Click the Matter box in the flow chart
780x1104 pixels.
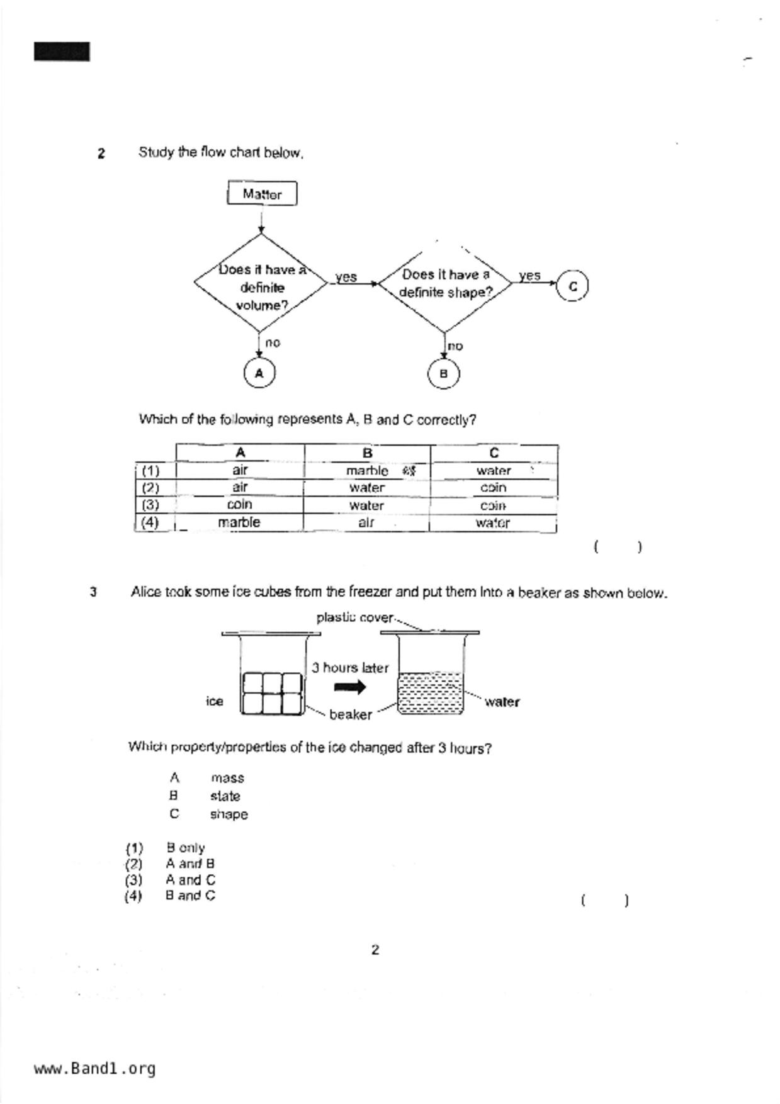(262, 194)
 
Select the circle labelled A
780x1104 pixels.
(259, 373)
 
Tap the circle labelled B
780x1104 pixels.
(443, 374)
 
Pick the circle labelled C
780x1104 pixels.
(572, 286)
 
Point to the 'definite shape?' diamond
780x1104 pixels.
(445, 284)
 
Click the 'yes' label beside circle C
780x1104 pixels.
(529, 275)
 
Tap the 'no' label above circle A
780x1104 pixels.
(272, 343)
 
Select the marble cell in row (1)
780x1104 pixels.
(367, 470)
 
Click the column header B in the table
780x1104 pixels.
(368, 453)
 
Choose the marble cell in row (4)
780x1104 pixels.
(239, 522)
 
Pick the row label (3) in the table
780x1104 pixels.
(150, 505)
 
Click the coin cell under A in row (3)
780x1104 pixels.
(239, 505)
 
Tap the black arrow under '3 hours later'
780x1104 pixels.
(349, 687)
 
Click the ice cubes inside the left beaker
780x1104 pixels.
(273, 693)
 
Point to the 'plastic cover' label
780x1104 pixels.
(354, 617)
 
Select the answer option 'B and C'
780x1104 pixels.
(189, 896)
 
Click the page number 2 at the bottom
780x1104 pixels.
(375, 950)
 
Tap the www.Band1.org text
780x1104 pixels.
(94, 1069)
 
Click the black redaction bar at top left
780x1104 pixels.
(62, 52)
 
